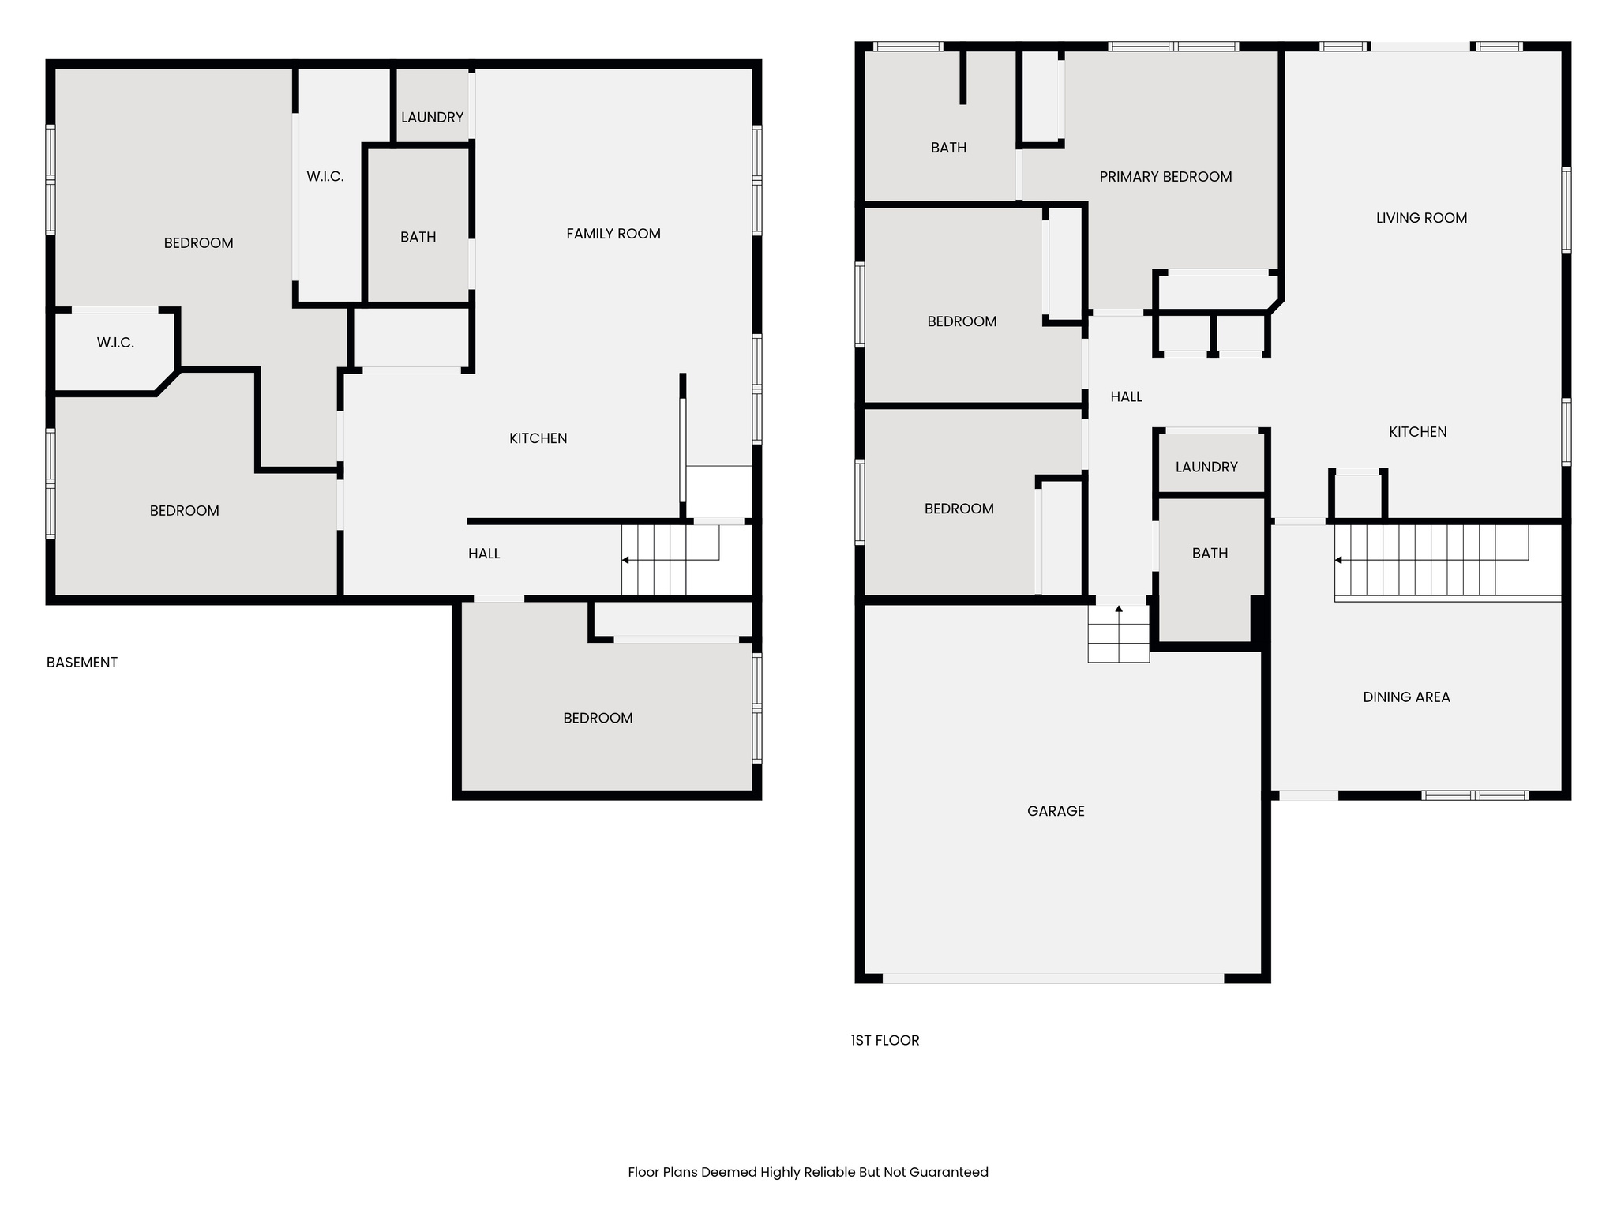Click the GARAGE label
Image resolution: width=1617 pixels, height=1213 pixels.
coord(1056,811)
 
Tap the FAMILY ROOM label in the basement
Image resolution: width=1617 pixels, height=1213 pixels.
coord(613,234)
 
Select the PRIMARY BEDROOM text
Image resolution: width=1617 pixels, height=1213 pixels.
coord(1165,177)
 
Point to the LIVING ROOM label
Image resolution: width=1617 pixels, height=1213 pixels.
coord(1421,218)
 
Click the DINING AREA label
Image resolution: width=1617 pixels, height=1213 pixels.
coord(1406,697)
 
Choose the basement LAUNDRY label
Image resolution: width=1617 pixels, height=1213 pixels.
coord(432,118)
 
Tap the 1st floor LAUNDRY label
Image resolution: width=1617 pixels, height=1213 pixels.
coord(1206,468)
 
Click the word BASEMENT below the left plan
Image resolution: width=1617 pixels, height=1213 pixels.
coord(82,663)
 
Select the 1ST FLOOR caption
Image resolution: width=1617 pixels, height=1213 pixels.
coord(885,1041)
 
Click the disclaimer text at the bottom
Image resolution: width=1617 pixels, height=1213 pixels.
coord(808,1173)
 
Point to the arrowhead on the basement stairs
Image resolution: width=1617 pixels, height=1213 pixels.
coord(625,560)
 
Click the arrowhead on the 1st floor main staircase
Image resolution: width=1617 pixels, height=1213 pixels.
coord(1338,560)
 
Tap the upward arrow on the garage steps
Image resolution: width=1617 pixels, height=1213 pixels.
coord(1119,612)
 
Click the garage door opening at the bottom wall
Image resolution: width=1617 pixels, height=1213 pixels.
coord(1053,978)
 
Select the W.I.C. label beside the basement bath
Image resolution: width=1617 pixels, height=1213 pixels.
coord(325,177)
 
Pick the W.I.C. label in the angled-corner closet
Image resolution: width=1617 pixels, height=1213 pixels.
coord(115,343)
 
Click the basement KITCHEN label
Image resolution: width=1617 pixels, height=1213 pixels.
coord(538,438)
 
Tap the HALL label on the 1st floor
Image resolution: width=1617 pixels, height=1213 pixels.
coord(1126,397)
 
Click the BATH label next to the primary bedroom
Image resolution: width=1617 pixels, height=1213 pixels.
coord(948,148)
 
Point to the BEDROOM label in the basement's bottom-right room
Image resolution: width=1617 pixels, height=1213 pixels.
coord(598,719)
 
